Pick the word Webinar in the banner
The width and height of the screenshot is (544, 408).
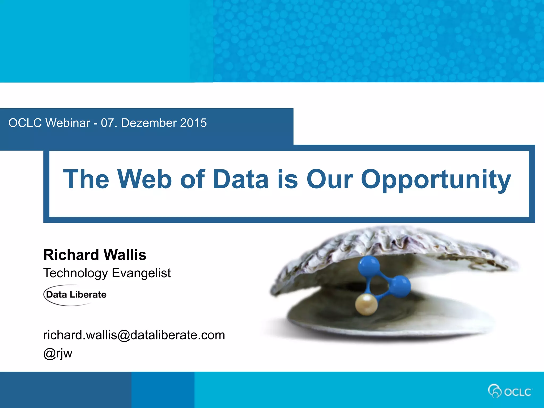68,123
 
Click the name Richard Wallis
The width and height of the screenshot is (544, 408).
95,255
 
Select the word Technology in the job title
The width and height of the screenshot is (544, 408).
75,273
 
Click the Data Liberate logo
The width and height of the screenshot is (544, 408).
75,295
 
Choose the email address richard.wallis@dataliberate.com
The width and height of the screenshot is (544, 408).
134,335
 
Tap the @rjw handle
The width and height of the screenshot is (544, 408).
58,353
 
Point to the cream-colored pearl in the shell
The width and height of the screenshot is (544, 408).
366,304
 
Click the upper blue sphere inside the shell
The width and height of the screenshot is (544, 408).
368,266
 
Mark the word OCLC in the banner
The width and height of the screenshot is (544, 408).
25,123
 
